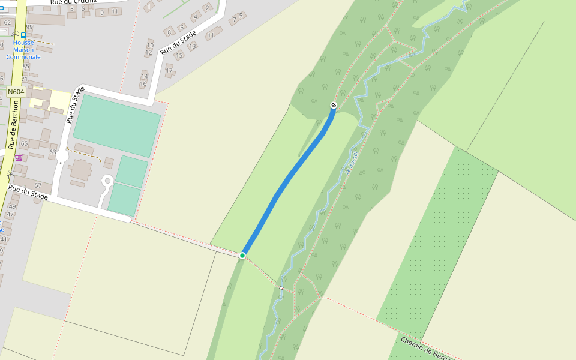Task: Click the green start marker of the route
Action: click(242, 256)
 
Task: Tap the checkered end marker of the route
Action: click(334, 106)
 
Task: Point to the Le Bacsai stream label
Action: click(351, 162)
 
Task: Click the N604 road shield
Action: click(16, 92)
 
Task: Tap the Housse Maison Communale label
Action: click(23, 50)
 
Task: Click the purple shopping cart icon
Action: click(19, 158)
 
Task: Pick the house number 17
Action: click(169, 70)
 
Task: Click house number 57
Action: click(38, 185)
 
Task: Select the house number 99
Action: click(29, 27)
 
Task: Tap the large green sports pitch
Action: click(116, 125)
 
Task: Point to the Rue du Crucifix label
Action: click(74, 2)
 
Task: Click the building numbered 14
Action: click(144, 76)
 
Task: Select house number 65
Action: click(25, 143)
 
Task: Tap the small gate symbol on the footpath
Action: click(281, 288)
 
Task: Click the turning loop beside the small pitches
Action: click(107, 181)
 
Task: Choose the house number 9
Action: click(102, 13)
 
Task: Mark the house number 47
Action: click(10, 214)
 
